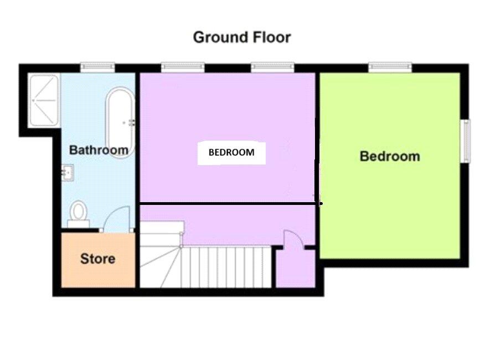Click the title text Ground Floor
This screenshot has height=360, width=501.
[x=241, y=38]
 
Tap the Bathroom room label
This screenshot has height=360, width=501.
[x=99, y=150]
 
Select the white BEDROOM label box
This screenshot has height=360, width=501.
[x=231, y=152]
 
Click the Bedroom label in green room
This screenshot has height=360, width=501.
[x=390, y=156]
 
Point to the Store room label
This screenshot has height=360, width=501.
[x=98, y=259]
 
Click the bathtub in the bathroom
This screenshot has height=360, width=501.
[x=120, y=123]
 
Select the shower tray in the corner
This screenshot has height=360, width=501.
[x=44, y=100]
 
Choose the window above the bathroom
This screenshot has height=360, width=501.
[x=97, y=67]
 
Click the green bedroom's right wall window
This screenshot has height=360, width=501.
[x=466, y=141]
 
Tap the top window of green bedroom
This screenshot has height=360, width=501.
[x=390, y=67]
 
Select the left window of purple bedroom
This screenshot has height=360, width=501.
[x=183, y=67]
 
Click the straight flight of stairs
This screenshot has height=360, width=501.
[x=227, y=267]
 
